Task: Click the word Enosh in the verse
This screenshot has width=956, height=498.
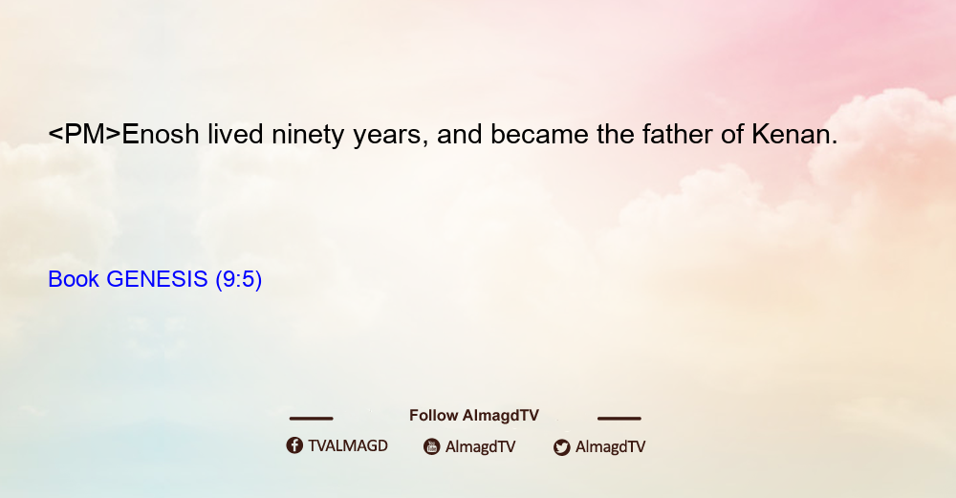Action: click(161, 135)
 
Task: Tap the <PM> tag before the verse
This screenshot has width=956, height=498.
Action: click(85, 135)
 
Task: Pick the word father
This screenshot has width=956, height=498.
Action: click(677, 134)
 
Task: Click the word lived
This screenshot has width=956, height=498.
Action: click(235, 134)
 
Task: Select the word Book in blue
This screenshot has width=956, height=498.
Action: click(74, 279)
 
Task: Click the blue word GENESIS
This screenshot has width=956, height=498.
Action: click(158, 279)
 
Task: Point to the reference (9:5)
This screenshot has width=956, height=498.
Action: click(239, 280)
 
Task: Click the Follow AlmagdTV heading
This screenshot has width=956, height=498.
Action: click(474, 416)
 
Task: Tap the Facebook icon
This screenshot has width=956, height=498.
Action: click(294, 445)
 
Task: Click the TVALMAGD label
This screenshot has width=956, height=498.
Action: click(348, 446)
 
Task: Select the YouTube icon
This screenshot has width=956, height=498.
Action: click(432, 446)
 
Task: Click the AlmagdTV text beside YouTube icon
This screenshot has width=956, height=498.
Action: click(481, 446)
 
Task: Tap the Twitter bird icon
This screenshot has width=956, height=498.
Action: click(562, 447)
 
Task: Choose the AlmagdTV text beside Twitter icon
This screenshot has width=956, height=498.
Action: click(610, 446)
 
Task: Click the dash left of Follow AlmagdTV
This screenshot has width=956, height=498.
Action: click(311, 419)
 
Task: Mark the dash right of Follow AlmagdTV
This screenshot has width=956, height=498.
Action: click(619, 419)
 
